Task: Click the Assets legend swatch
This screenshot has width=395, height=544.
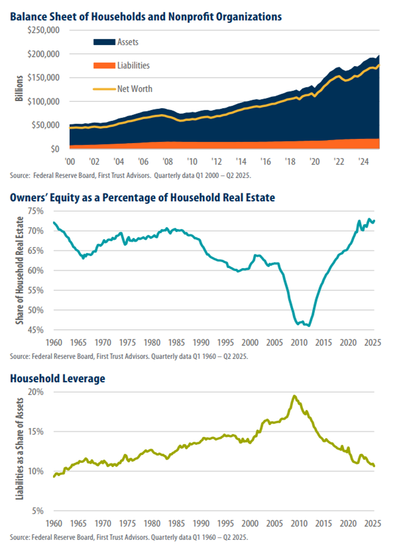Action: tap(102, 42)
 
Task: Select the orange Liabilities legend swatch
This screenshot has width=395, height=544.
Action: tap(102, 66)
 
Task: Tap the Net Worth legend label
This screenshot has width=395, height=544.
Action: tap(134, 89)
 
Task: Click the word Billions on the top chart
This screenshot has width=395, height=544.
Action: tap(19, 89)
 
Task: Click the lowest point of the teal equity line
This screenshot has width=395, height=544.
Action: tap(309, 326)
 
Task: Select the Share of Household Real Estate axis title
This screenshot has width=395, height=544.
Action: tap(19, 270)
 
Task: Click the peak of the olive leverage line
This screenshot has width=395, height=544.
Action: tap(294, 396)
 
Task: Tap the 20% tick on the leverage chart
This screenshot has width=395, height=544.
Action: tap(37, 391)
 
